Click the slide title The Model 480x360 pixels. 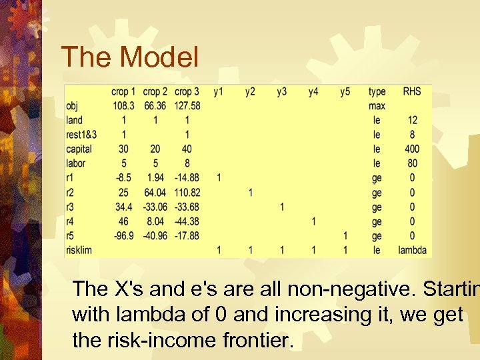pyautogui.click(x=129, y=57)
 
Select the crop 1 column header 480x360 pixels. pyautogui.click(x=123, y=91)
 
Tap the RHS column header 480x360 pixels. pyautogui.click(x=412, y=91)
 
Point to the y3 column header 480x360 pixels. pyautogui.click(x=282, y=91)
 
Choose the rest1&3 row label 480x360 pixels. pyautogui.click(x=84, y=135)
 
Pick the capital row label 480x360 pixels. pyautogui.click(x=79, y=149)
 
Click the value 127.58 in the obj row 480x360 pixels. pyautogui.click(x=187, y=106)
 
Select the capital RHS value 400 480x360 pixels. pyautogui.click(x=412, y=149)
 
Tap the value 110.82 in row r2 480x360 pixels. pyautogui.click(x=187, y=193)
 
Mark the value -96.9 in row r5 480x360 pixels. pyautogui.click(x=123, y=236)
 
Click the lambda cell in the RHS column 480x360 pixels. pyautogui.click(x=412, y=250)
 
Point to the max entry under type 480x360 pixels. pyautogui.click(x=377, y=106)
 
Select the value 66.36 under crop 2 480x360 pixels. pyautogui.click(x=155, y=106)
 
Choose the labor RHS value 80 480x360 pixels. pyautogui.click(x=412, y=163)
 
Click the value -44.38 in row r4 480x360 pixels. pyautogui.click(x=187, y=221)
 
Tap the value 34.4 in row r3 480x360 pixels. pyautogui.click(x=123, y=207)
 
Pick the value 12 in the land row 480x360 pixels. pyautogui.click(x=412, y=120)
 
